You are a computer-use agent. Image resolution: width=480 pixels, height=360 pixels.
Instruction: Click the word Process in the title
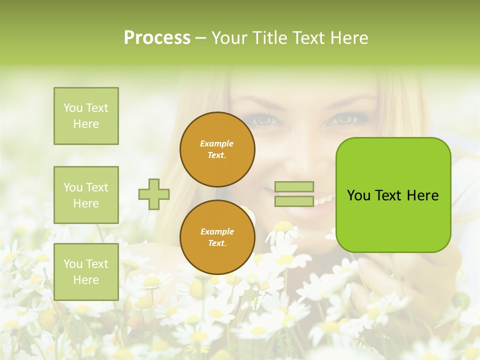tap(157, 38)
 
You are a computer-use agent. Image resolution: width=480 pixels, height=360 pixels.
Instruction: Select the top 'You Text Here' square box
tap(86, 116)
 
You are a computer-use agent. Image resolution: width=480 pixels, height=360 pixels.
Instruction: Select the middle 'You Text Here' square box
tap(86, 195)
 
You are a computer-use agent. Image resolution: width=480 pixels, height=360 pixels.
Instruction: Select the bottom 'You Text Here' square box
tap(86, 271)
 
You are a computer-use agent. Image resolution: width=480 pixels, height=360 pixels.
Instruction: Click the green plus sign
tap(154, 194)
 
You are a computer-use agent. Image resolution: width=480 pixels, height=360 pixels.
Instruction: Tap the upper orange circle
tap(217, 149)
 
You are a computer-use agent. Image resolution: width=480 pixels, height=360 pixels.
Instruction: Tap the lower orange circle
tap(217, 237)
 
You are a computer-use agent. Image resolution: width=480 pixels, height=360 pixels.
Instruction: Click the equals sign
tap(294, 194)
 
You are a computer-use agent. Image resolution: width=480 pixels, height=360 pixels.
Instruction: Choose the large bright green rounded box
tap(393, 195)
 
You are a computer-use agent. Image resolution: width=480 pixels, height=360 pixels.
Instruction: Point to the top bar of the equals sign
tap(294, 186)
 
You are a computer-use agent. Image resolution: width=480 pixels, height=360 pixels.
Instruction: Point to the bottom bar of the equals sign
tap(294, 201)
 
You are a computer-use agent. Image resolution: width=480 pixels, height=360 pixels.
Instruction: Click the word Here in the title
tap(350, 38)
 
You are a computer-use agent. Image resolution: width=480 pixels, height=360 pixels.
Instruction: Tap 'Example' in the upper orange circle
tap(217, 143)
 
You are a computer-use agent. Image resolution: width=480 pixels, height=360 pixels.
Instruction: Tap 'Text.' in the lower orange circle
tap(217, 243)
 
